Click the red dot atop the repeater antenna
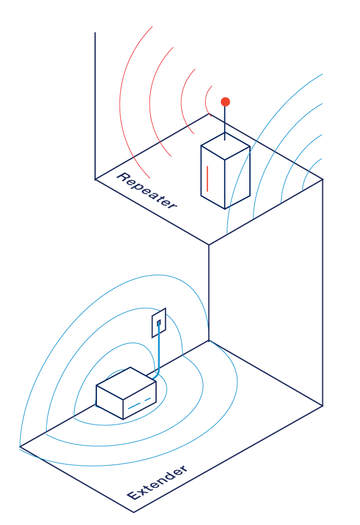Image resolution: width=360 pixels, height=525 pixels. pyautogui.click(x=225, y=102)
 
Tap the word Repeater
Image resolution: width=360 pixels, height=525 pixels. pyautogui.click(x=147, y=191)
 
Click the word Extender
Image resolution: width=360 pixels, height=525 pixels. pyautogui.click(x=157, y=482)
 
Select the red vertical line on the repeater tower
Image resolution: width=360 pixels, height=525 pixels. pyautogui.click(x=208, y=179)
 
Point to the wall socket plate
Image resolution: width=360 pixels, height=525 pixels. pyautogui.click(x=158, y=323)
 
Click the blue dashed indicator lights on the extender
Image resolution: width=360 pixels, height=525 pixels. pyautogui.click(x=139, y=403)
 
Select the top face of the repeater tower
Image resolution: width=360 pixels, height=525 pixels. pyautogui.click(x=225, y=146)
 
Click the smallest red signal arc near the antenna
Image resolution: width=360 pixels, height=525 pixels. pyautogui.click(x=208, y=100)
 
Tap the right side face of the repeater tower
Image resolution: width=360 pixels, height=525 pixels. pyautogui.click(x=237, y=178)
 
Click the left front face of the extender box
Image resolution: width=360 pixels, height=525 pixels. pyautogui.click(x=109, y=402)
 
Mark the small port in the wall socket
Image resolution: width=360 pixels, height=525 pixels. pyautogui.click(x=158, y=323)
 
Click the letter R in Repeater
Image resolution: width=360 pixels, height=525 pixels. pyautogui.click(x=123, y=178)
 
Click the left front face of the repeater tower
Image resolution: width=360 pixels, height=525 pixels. pyautogui.click(x=213, y=178)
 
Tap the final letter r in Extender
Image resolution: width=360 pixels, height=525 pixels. pyautogui.click(x=183, y=468)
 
